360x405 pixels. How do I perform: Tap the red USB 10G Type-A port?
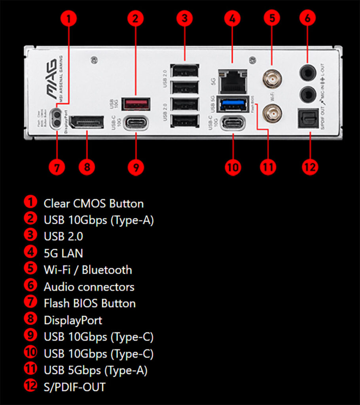point(136,104)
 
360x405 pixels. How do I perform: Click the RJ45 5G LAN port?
point(233,81)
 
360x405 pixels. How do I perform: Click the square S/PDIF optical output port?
point(308,118)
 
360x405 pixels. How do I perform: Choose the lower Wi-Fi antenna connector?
point(272,115)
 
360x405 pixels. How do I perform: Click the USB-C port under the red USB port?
point(136,123)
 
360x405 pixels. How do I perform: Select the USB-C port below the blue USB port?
point(233,123)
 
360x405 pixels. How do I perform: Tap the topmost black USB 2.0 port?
point(185,71)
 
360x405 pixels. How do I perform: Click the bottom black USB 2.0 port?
point(185,121)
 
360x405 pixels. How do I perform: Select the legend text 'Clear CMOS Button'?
point(93,204)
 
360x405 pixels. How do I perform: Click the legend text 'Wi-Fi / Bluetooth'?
point(88,270)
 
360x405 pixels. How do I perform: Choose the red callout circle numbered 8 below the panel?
point(87,167)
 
